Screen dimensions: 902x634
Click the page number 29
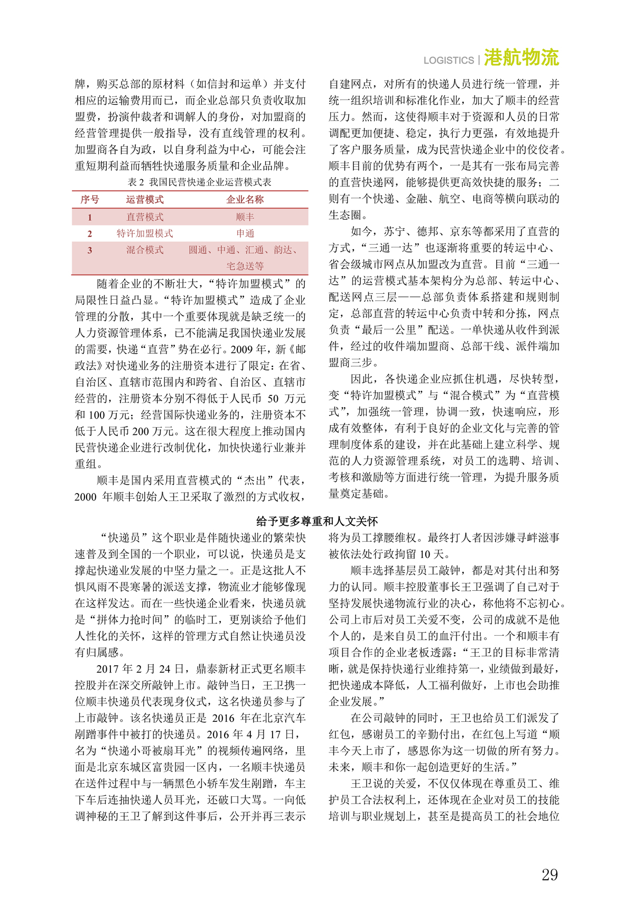pyautogui.click(x=549, y=875)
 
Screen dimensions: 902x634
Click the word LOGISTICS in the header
pyautogui.click(x=449, y=61)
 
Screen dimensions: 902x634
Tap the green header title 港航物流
pyautogui.click(x=521, y=58)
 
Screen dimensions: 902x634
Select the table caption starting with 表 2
pyautogui.click(x=199, y=182)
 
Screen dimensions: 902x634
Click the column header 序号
pyautogui.click(x=90, y=200)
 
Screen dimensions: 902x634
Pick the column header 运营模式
pyautogui.click(x=145, y=200)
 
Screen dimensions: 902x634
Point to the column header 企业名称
pyautogui.click(x=245, y=200)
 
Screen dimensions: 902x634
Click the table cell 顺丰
pyautogui.click(x=245, y=217)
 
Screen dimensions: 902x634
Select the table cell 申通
pyautogui.click(x=245, y=234)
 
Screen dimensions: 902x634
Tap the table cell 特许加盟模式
pyautogui.click(x=145, y=234)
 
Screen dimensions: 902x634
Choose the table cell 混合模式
pyautogui.click(x=145, y=250)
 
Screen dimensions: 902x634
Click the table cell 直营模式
pyautogui.click(x=145, y=217)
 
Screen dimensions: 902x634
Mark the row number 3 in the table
pyautogui.click(x=90, y=250)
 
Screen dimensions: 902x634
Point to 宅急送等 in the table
pyautogui.click(x=245, y=266)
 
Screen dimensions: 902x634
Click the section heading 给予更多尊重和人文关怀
pyautogui.click(x=316, y=522)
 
